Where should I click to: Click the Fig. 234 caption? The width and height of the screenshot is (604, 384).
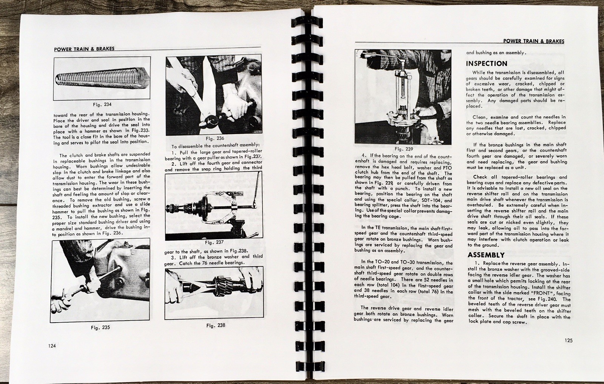tap(102, 104)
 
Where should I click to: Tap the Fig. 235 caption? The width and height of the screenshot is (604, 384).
tap(100, 327)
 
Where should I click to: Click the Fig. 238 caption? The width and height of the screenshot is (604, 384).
tap(216, 325)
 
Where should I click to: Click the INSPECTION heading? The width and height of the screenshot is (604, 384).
tap(487, 63)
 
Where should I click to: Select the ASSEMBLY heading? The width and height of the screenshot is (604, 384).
tap(486, 255)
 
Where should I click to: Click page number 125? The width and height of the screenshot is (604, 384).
tap(569, 340)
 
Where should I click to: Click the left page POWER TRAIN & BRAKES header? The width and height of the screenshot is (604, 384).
tap(84, 48)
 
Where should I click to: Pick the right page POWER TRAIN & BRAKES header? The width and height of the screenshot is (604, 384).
tap(534, 41)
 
